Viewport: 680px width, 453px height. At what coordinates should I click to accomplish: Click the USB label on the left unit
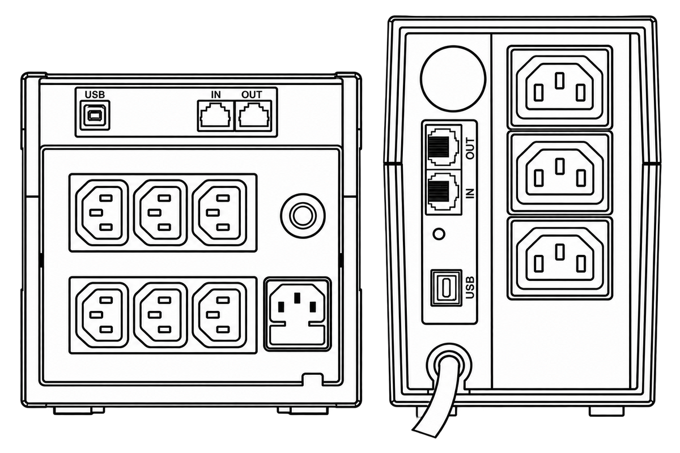pos(95,95)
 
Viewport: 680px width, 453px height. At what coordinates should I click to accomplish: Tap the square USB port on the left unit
pos(95,116)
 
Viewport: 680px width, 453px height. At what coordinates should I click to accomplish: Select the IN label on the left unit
pos(216,95)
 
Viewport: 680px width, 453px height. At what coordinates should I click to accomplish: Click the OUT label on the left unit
pos(252,95)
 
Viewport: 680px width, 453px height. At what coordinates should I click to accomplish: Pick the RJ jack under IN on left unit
pos(216,116)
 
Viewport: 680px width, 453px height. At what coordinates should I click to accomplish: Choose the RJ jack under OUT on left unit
pos(254,116)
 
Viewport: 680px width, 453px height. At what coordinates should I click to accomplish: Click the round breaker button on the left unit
pos(303,216)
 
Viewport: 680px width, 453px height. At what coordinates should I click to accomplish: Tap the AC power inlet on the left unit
pos(297,314)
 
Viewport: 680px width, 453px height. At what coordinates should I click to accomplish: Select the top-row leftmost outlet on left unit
pos(102,212)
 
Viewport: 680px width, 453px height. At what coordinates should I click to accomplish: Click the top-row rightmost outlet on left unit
pos(219,212)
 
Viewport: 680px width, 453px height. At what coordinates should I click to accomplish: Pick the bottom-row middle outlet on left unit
pos(160,315)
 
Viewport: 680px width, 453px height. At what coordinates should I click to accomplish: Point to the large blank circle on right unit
pos(453,78)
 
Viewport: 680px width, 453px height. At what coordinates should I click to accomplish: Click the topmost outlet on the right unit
pos(559,87)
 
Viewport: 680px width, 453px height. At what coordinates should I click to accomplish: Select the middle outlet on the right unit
pos(559,172)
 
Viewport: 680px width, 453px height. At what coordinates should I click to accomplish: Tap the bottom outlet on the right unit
pos(559,258)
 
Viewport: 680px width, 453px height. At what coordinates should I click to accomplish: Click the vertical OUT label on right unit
pos(470,148)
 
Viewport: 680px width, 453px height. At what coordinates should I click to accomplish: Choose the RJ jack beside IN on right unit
pos(443,192)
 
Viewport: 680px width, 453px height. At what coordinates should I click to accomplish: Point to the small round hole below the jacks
pos(439,234)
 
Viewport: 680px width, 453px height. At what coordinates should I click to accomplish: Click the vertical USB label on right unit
pos(470,288)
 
